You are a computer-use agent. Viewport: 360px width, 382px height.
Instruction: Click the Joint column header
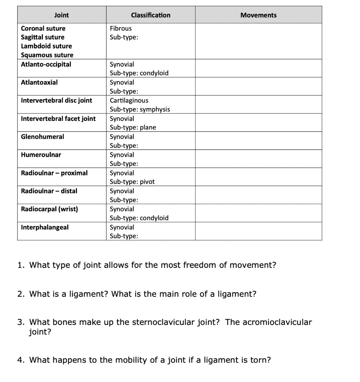tap(62, 15)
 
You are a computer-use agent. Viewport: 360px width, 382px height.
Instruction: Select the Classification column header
tap(150, 15)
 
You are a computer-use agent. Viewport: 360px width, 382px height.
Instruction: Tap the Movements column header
tap(258, 15)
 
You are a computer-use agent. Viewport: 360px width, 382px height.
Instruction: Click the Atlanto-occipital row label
tap(46, 64)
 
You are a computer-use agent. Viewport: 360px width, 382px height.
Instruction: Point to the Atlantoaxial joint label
tap(39, 82)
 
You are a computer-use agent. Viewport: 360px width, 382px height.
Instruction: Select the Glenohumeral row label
tap(42, 137)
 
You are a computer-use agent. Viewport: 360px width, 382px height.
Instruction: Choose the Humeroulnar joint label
tap(41, 154)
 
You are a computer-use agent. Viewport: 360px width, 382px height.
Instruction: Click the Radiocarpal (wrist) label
tap(49, 209)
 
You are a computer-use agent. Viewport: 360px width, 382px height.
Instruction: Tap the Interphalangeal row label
tap(45, 227)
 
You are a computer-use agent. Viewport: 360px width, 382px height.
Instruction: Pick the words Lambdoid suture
tap(46, 46)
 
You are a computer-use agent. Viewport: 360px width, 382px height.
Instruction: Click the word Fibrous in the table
tap(121, 28)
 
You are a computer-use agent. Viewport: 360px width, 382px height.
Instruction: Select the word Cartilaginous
tap(129, 100)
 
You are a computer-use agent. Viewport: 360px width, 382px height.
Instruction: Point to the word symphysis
tap(155, 109)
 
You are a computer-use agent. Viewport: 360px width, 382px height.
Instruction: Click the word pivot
tap(147, 182)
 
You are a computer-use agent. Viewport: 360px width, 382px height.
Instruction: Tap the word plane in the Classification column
tap(148, 128)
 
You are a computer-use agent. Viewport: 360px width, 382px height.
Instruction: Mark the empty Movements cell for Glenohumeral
tap(258, 141)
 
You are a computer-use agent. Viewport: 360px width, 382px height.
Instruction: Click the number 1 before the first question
tap(20, 265)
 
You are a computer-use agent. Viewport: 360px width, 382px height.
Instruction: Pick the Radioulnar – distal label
tap(49, 191)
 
